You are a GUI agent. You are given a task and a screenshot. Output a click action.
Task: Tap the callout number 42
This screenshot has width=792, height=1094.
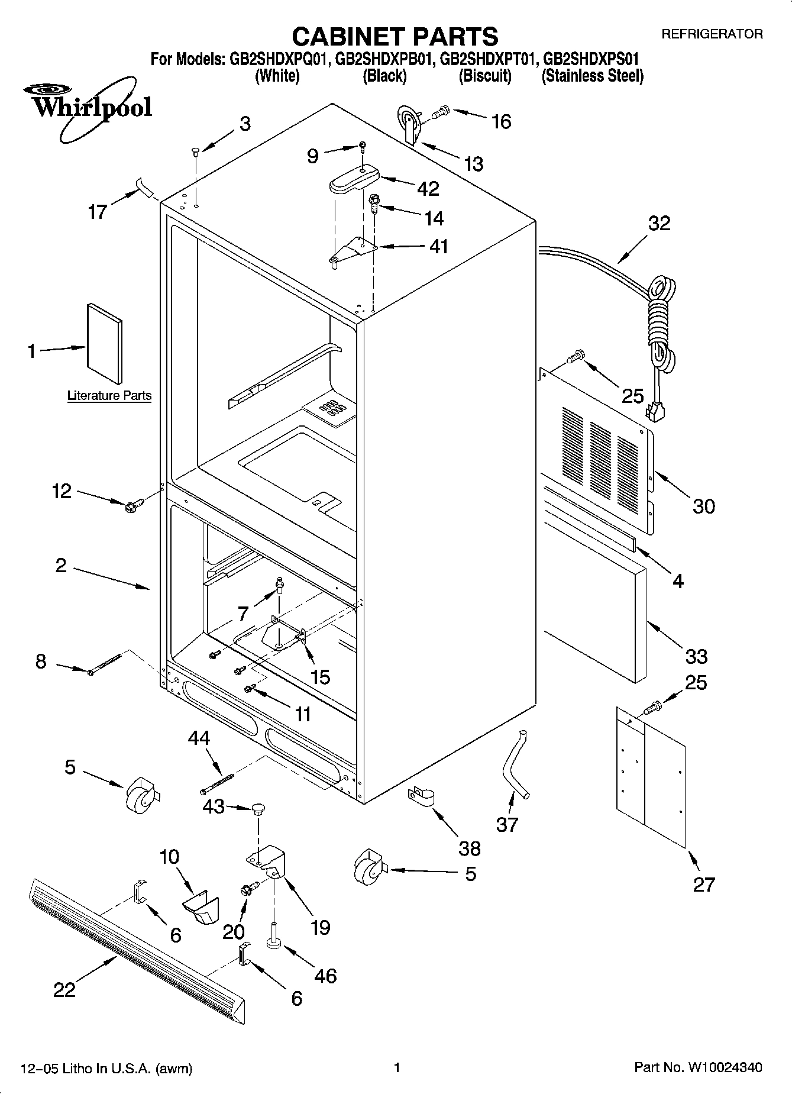pos(428,189)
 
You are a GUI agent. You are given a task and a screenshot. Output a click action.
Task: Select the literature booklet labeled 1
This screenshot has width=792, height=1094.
pos(105,344)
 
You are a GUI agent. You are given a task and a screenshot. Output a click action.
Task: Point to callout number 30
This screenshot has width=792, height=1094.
pos(703,506)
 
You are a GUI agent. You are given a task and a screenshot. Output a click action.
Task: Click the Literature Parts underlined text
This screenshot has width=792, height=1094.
pos(109,395)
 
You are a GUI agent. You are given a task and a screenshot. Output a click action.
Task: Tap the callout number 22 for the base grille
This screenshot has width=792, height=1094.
pos(64,989)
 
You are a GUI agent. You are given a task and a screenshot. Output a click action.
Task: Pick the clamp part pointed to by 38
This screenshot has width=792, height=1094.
pos(421,796)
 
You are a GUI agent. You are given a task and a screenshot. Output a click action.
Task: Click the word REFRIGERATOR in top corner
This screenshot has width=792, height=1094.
pos(712,34)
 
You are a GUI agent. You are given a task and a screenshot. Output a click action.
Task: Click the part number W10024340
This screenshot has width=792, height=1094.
pos(724,1067)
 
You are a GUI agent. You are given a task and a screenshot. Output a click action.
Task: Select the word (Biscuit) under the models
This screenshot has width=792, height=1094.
pos(485,76)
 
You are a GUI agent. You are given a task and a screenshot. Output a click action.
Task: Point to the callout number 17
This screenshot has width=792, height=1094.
pos(97,211)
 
